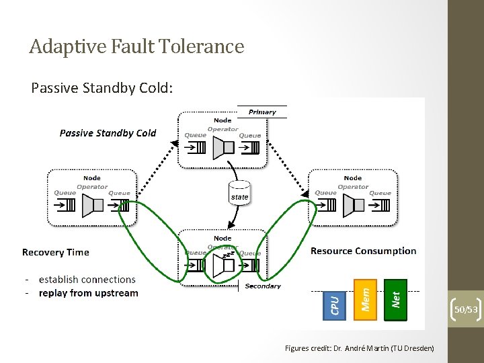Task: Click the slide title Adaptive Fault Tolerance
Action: [x=136, y=46]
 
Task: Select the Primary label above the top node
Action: [x=262, y=112]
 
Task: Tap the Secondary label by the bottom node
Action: [x=263, y=286]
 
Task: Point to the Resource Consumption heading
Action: [x=363, y=251]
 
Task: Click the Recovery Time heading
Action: [x=55, y=252]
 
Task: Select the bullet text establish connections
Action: [x=87, y=279]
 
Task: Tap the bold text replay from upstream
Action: [x=88, y=293]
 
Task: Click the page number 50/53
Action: [x=466, y=309]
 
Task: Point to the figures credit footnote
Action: [x=359, y=348]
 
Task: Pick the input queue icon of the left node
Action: [x=67, y=206]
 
